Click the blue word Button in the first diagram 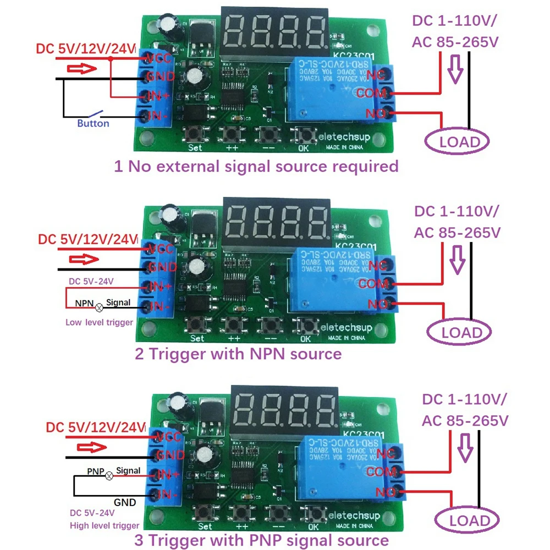93,124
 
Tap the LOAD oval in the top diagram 459,142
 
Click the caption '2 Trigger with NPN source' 238,354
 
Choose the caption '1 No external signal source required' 256,166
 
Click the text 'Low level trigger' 99,322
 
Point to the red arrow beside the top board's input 82,69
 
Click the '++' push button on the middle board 234,325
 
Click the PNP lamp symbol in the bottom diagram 109,476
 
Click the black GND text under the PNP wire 125,502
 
